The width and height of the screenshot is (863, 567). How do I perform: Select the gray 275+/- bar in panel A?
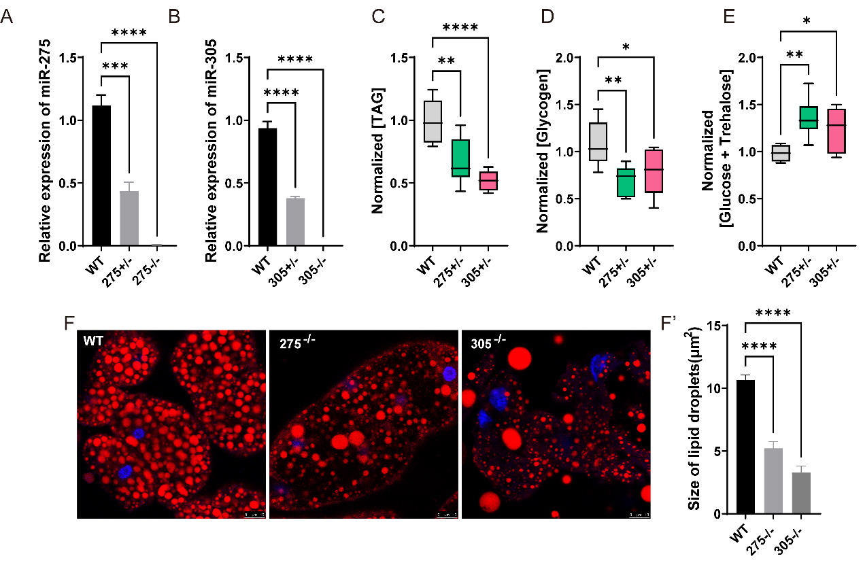pos(129,218)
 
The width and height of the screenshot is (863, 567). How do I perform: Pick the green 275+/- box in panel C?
pos(460,158)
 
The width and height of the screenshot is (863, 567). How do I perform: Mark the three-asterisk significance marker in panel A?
pos(115,66)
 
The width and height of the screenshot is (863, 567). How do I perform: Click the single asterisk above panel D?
pos(626,46)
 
